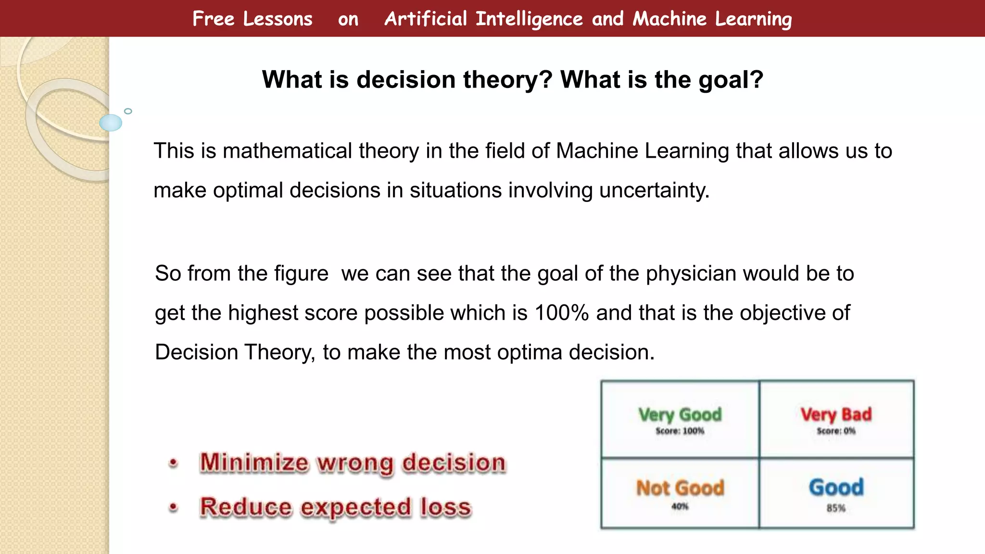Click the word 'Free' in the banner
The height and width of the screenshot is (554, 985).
[213, 19]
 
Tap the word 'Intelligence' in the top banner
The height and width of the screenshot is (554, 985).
[529, 19]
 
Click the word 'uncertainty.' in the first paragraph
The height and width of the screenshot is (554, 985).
[654, 190]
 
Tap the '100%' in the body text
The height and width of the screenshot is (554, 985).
[561, 313]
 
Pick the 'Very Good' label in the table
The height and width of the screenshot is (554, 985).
[680, 415]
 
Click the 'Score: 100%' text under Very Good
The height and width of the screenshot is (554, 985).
[680, 431]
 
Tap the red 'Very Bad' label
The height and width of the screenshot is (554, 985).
[836, 415]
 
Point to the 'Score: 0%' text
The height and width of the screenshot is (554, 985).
[836, 431]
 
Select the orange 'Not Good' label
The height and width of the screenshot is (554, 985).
[680, 488]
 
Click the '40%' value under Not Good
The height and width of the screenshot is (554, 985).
[680, 506]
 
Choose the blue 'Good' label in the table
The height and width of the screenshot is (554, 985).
[836, 487]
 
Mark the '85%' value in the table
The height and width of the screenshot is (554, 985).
[836, 508]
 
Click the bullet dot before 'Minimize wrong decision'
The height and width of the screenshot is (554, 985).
[174, 463]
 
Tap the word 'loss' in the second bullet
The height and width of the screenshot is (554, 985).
[445, 507]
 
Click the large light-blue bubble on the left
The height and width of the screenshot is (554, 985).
[111, 123]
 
